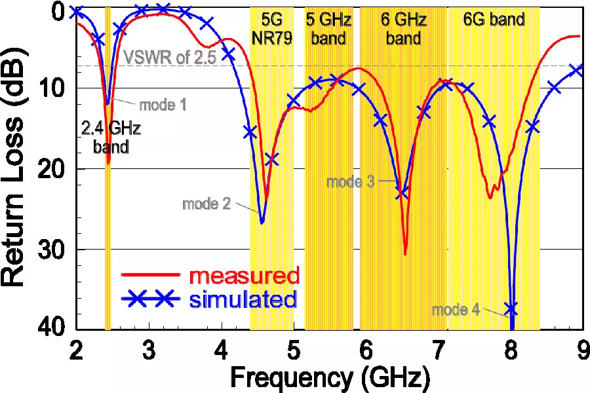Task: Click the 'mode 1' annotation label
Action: tap(161, 104)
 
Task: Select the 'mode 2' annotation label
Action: tap(206, 204)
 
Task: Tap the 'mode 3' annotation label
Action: tap(350, 181)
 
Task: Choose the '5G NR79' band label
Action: tap(272, 29)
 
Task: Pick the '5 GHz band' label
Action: tap(328, 29)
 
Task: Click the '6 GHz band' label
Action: tap(403, 29)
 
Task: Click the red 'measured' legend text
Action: tap(245, 274)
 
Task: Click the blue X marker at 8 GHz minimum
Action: tap(511, 308)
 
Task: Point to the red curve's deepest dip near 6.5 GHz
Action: tap(405, 253)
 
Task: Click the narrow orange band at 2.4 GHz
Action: tap(108, 196)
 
